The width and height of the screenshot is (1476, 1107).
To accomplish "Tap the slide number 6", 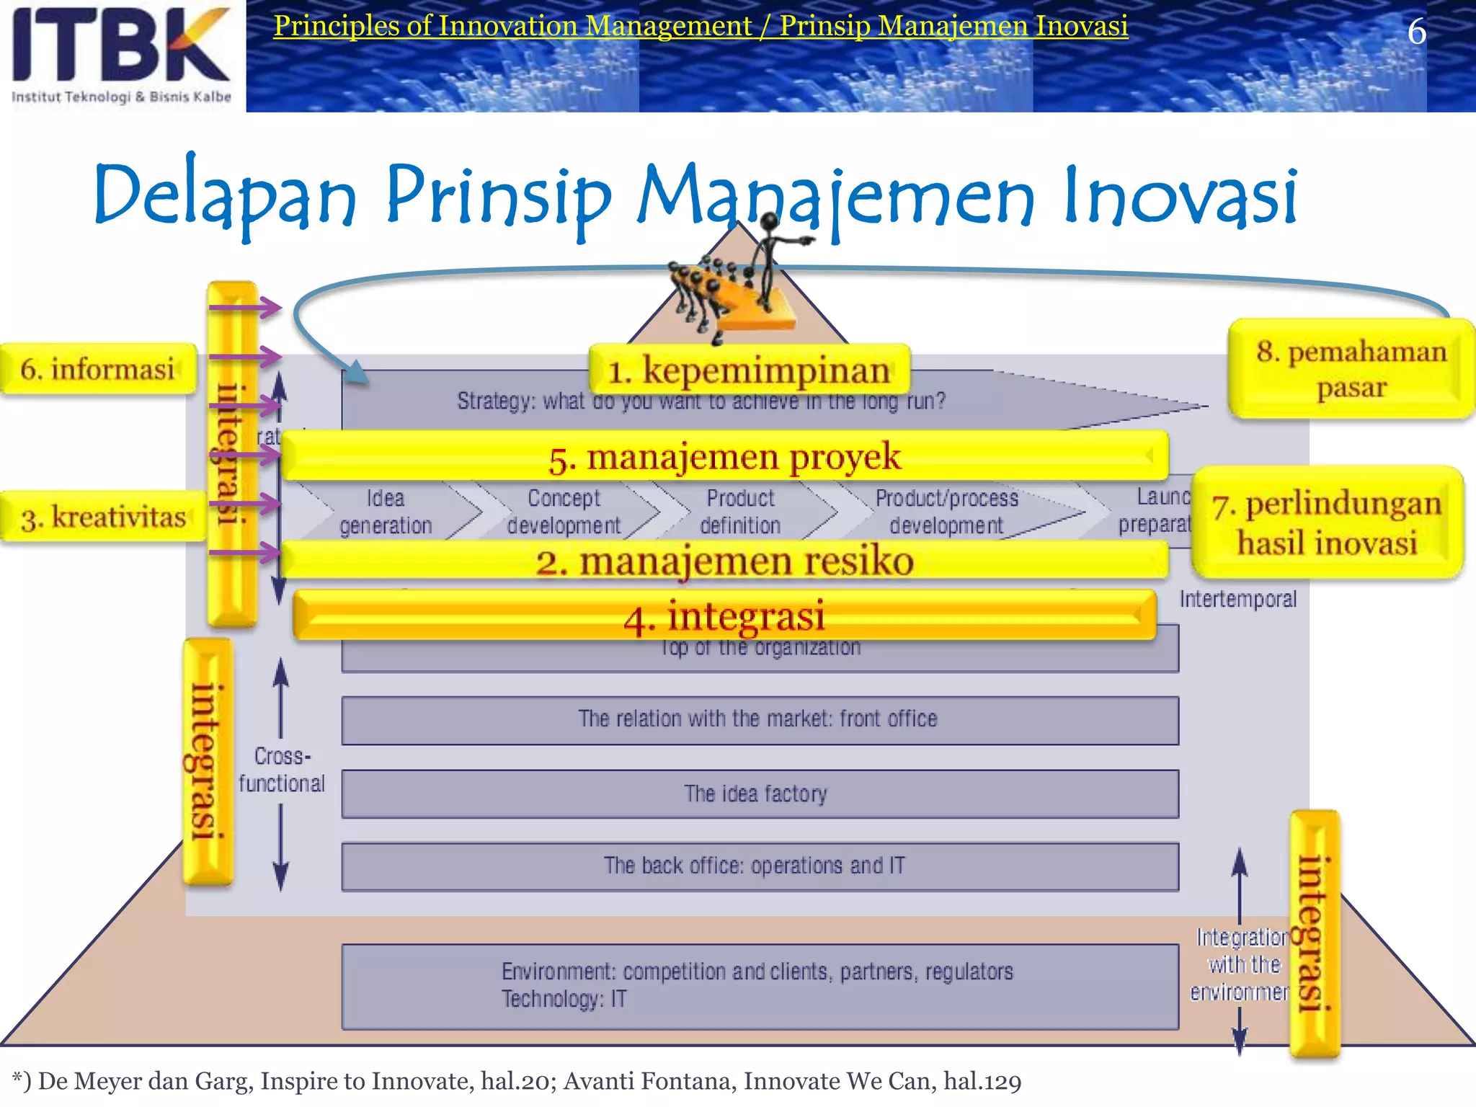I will click(1416, 32).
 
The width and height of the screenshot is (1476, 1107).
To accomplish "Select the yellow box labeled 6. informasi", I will click(98, 369).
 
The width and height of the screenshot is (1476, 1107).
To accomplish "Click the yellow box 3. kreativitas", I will click(103, 517).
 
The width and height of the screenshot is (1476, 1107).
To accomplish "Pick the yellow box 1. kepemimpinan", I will click(749, 370).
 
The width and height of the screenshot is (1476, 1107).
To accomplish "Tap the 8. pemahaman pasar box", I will click(1351, 369).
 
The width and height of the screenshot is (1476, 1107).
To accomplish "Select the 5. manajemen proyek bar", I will click(724, 456).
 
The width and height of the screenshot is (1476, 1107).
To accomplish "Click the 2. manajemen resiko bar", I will click(724, 561).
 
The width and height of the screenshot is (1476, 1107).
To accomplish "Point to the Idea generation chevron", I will click(386, 512).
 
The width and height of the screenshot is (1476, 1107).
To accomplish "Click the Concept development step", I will click(564, 512).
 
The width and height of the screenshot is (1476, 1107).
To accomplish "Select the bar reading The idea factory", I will click(760, 793).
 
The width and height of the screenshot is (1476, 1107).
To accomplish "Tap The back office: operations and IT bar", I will click(760, 866).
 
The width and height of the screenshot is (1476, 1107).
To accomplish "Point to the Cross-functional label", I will click(282, 770).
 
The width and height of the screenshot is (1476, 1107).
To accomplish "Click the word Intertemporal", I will click(1237, 599).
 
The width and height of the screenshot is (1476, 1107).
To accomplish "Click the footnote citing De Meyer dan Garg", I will click(516, 1081).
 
